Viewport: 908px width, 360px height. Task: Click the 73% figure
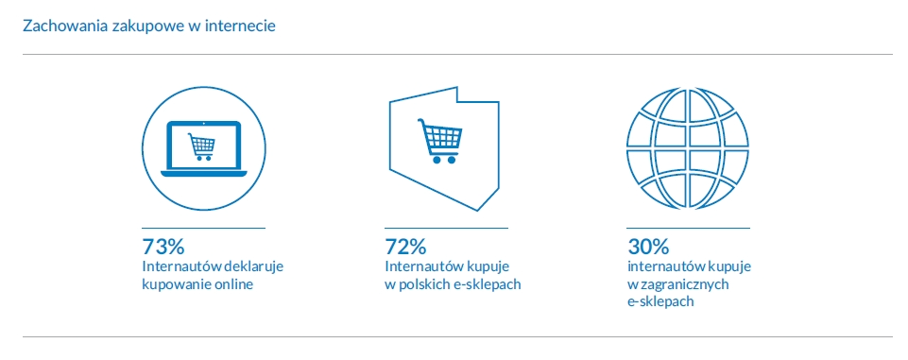point(163,247)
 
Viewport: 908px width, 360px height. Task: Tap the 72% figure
point(406,247)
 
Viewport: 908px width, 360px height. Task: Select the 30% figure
point(648,247)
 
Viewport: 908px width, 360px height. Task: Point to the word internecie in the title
point(246,26)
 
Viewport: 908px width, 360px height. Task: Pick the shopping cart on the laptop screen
point(201,146)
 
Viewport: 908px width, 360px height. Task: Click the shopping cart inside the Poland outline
point(440,141)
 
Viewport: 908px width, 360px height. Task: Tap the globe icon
point(687,148)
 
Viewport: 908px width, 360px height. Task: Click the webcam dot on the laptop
point(204,123)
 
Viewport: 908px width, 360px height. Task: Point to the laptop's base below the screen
point(203,174)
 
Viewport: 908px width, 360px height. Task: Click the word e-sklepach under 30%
point(660,302)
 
